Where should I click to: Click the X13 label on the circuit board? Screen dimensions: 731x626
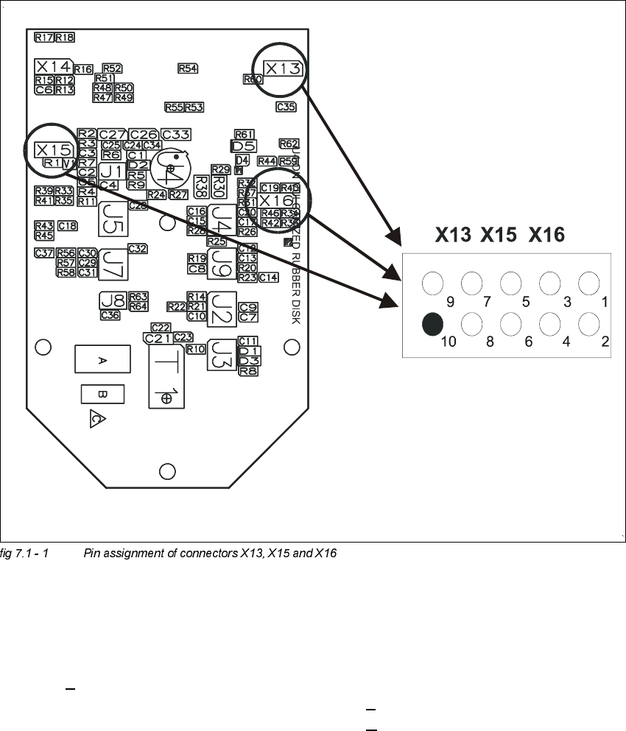pyautogui.click(x=283, y=68)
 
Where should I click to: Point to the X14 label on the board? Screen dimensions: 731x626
pyautogui.click(x=53, y=65)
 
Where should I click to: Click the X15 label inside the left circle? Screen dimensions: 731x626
pyautogui.click(x=53, y=149)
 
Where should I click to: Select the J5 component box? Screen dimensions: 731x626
pyautogui.click(x=113, y=217)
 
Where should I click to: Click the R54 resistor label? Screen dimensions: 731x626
pyautogui.click(x=188, y=68)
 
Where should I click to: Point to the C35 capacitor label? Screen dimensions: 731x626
pyautogui.click(x=286, y=107)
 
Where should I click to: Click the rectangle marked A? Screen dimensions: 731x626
pyautogui.click(x=102, y=359)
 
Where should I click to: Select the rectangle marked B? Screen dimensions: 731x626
pyautogui.click(x=102, y=395)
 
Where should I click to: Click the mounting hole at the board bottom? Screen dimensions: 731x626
pyautogui.click(x=167, y=471)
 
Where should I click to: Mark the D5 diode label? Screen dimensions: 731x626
pyautogui.click(x=243, y=145)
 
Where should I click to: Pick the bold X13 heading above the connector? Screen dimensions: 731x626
pyautogui.click(x=453, y=235)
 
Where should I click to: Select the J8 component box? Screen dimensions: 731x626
pyautogui.click(x=113, y=300)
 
